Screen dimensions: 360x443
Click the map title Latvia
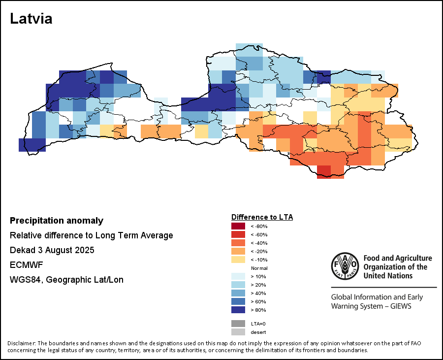click(x=31, y=19)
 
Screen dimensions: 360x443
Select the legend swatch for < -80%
click(x=238, y=226)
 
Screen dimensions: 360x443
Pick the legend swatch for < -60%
click(x=238, y=234)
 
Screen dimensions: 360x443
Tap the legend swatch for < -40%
click(x=238, y=243)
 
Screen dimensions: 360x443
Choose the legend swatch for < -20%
click(x=238, y=251)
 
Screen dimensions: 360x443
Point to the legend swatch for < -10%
click(x=238, y=260)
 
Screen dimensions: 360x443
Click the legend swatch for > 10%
click(x=238, y=276)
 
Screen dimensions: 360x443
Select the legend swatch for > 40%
click(x=238, y=293)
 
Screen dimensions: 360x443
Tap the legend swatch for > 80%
click(x=238, y=310)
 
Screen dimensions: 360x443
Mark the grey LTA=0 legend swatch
click(x=238, y=324)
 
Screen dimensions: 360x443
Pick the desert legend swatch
click(x=238, y=332)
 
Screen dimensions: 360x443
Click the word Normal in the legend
click(x=259, y=268)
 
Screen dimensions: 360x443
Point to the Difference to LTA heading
click(x=262, y=217)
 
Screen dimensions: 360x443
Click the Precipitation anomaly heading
click(x=57, y=221)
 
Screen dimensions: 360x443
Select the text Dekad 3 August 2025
click(x=52, y=250)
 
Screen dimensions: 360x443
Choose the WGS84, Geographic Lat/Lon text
click(x=66, y=280)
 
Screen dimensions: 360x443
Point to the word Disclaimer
click(x=21, y=343)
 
